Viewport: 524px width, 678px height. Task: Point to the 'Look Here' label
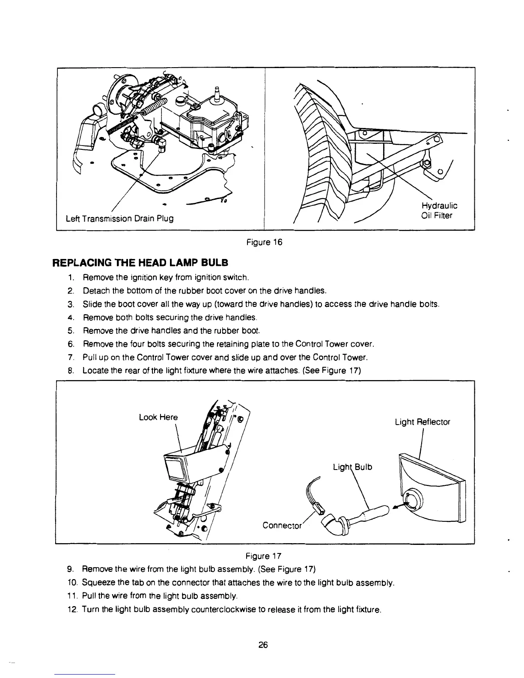click(x=158, y=417)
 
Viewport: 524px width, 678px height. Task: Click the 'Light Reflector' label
click(x=422, y=422)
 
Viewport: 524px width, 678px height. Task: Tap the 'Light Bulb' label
click(x=352, y=467)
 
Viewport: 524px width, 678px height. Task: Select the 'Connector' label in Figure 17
click(x=283, y=525)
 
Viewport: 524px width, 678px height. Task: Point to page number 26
click(x=263, y=645)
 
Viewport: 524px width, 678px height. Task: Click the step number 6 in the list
click(x=70, y=344)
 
